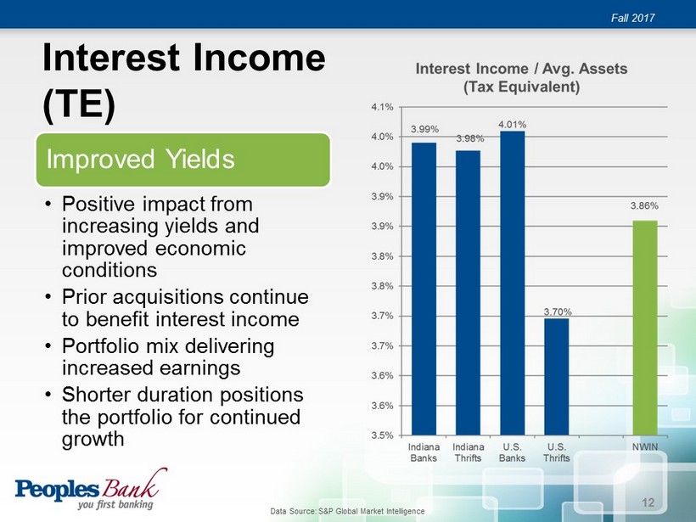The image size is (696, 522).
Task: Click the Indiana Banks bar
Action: coord(424,289)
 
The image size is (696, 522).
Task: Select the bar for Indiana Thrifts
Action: coord(468,293)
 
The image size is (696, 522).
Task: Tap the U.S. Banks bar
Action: coord(512,283)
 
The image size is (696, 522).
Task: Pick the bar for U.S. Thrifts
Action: coord(556,377)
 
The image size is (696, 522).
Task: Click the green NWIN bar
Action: coord(645,328)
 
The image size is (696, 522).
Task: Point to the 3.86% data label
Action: coord(644,206)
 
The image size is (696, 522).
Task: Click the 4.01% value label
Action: coord(512,125)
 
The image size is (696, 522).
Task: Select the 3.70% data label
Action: coord(558,312)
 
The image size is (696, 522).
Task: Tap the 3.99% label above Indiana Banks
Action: coord(424,129)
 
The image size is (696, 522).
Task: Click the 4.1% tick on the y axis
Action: coord(382,107)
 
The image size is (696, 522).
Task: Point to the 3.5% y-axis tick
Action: coord(382,435)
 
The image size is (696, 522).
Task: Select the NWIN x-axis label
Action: coord(645,447)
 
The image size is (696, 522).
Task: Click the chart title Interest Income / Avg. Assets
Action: coord(521,69)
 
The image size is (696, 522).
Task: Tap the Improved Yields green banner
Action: coord(182,160)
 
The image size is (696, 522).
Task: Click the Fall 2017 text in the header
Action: coord(633,18)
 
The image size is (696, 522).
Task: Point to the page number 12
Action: coord(648,502)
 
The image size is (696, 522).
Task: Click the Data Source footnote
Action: coord(347,511)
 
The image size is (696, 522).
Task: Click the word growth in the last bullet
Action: coord(93,440)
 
